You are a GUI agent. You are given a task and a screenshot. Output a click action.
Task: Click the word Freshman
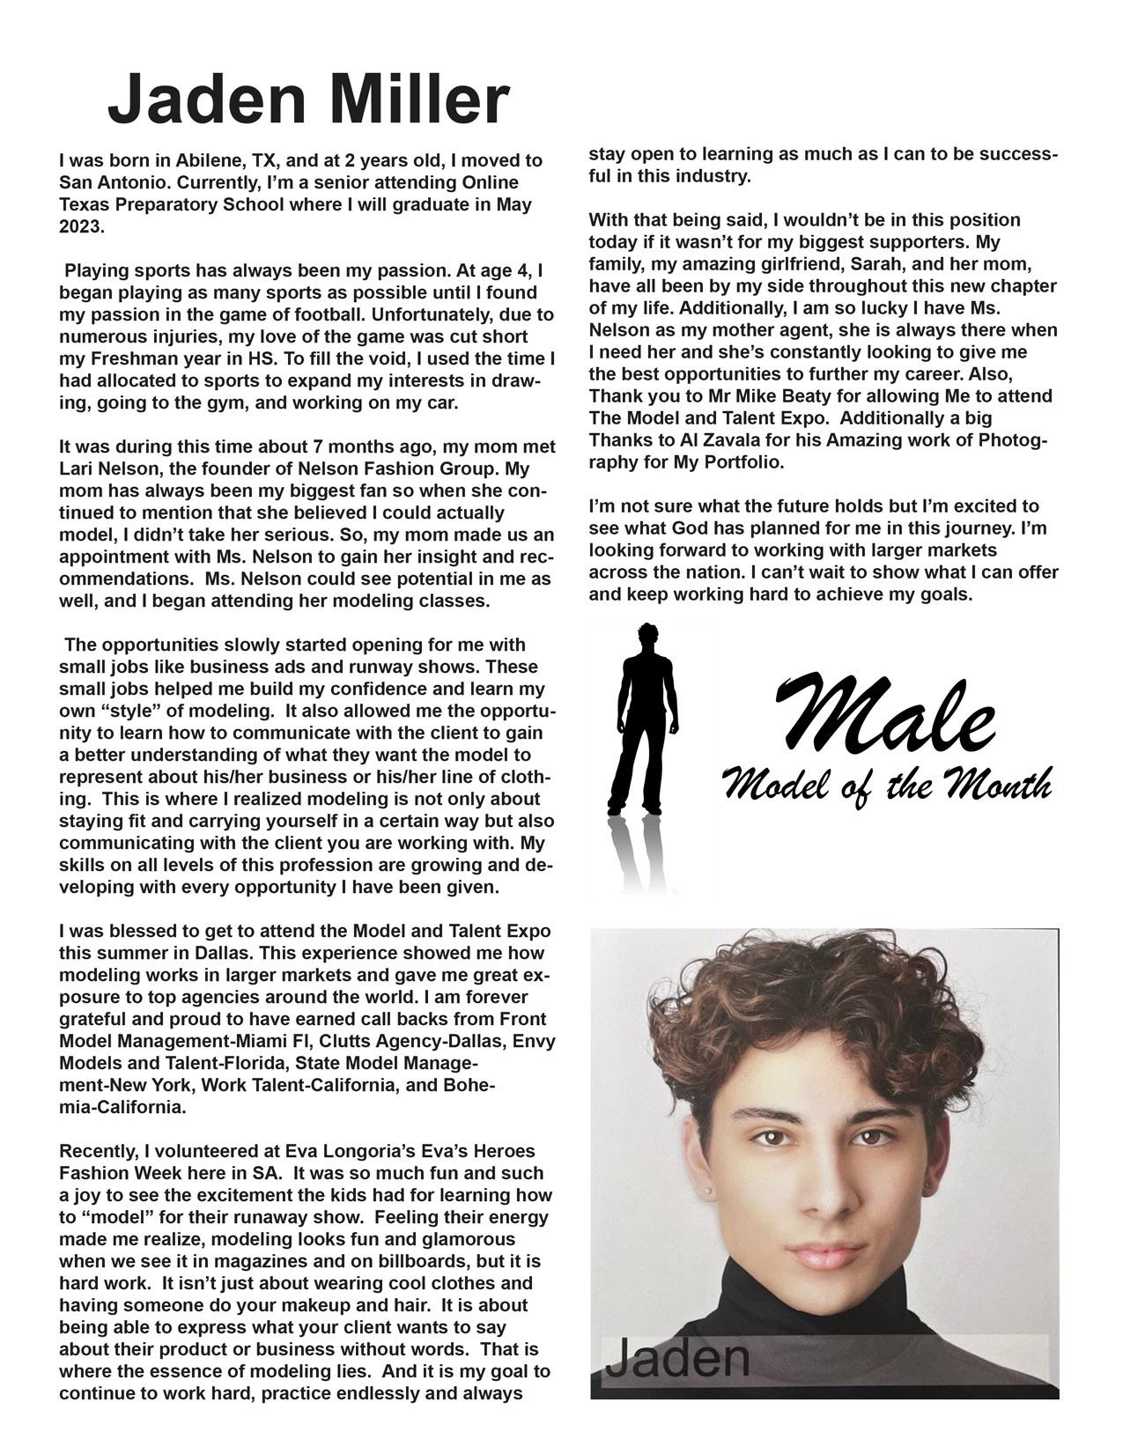point(135,358)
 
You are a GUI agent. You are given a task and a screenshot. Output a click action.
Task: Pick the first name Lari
point(77,468)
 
